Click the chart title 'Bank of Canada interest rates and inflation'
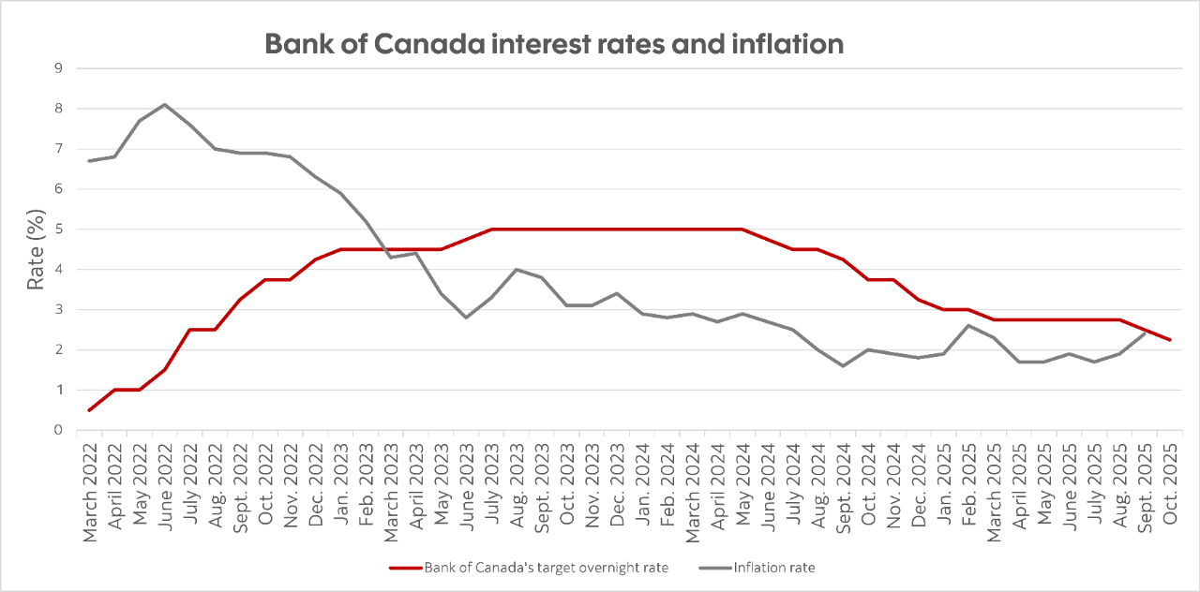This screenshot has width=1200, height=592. coord(554,44)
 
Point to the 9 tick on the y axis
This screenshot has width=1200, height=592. coord(58,68)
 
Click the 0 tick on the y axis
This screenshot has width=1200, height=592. coord(58,431)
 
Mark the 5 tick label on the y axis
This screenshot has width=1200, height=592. coord(58,229)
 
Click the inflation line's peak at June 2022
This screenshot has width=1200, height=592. coord(165,104)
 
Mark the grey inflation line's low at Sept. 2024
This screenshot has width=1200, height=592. coord(843,365)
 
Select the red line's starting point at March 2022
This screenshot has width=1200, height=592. coord(89,410)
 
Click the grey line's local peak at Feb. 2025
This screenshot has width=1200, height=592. coord(968,326)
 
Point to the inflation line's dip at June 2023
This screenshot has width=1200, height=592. coord(467,318)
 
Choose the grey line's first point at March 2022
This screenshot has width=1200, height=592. coord(89,161)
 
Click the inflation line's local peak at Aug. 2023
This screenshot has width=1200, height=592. coord(517,270)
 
